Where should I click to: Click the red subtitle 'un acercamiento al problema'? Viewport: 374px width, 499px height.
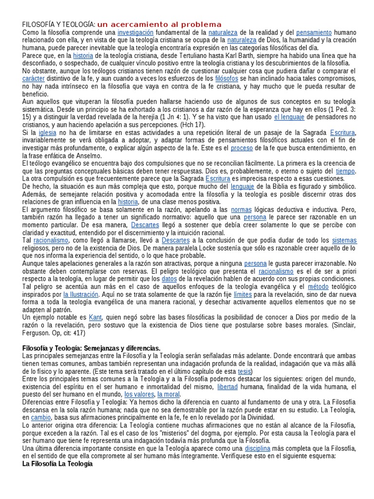159,25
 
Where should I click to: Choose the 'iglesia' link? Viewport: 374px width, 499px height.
48,132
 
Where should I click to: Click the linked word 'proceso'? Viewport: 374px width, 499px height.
242,148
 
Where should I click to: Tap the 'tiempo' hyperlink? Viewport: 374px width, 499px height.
346,171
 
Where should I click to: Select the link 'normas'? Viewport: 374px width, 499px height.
242,210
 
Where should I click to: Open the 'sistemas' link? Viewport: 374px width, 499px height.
344,241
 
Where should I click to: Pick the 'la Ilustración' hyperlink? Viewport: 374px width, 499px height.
81,295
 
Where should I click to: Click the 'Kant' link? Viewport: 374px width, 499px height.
95,318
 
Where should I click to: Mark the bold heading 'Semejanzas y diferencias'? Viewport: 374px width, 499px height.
122,348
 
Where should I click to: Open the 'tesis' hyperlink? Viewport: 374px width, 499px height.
244,371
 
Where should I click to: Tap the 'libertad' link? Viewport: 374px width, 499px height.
227,386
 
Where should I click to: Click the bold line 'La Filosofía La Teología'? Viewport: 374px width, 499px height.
57,464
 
